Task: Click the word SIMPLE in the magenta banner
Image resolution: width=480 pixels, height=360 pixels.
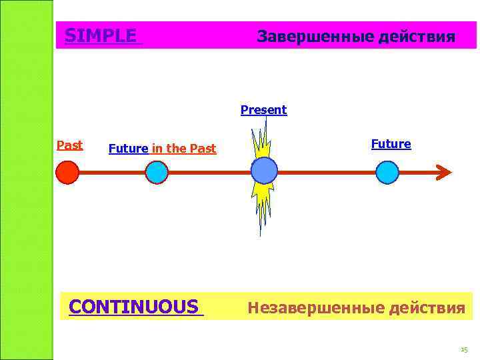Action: (x=101, y=35)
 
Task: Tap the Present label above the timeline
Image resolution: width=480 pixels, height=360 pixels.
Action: (x=263, y=110)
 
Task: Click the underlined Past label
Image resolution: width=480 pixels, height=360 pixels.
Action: (x=69, y=145)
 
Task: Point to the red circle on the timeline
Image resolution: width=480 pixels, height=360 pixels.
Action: (x=67, y=173)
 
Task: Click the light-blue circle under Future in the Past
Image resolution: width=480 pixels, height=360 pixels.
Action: (x=157, y=173)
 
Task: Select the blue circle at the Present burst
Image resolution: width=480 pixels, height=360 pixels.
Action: (x=264, y=171)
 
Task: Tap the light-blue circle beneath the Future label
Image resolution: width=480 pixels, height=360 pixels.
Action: (x=387, y=173)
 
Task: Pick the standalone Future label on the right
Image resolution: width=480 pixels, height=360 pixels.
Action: (x=391, y=144)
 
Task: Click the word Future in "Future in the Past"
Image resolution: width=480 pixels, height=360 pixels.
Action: (x=128, y=149)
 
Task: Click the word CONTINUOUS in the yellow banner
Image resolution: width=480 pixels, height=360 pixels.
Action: (x=133, y=307)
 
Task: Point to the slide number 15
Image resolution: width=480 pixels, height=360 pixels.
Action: (x=464, y=350)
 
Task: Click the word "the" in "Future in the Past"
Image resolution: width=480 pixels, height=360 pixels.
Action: (x=176, y=149)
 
